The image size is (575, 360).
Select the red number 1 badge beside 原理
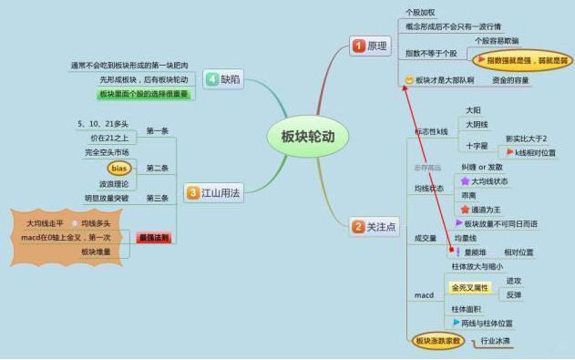[358, 46]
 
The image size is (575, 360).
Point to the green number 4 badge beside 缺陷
[211, 79]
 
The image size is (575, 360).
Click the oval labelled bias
[119, 168]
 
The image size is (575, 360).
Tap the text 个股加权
[420, 12]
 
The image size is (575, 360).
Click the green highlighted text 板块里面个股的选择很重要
[144, 94]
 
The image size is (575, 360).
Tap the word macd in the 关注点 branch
[423, 296]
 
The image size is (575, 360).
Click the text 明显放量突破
[107, 198]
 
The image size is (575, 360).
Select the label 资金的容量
[511, 80]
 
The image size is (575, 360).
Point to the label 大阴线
[477, 125]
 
